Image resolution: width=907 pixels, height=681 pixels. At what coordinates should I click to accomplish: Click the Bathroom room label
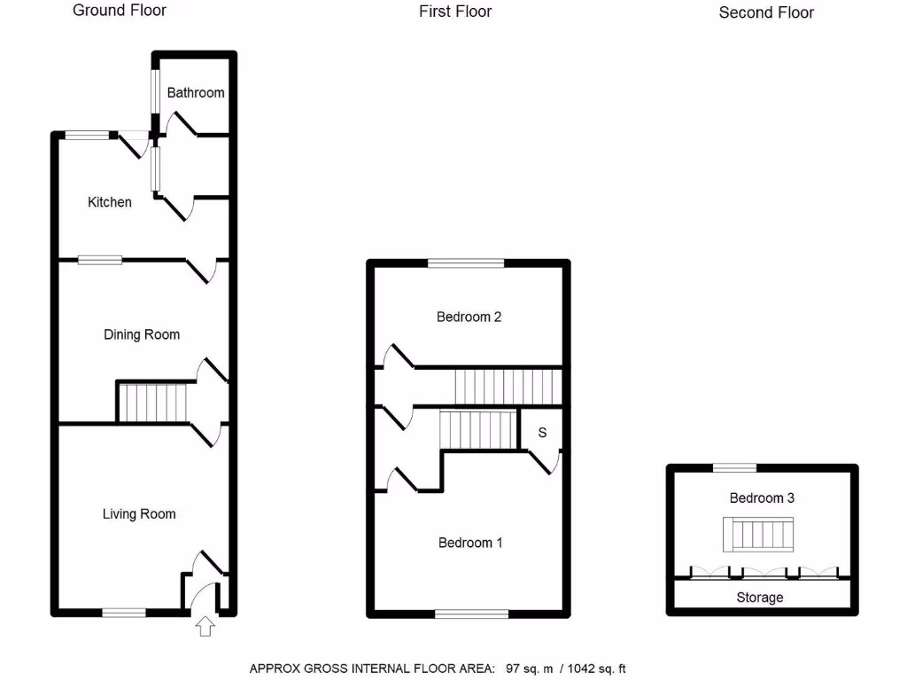pos(196,92)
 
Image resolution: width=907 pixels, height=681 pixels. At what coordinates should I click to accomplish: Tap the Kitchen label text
pos(109,202)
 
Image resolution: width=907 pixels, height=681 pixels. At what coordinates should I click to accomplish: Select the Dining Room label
pos(142,334)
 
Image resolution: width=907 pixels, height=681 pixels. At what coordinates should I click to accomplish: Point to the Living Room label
pos(139,513)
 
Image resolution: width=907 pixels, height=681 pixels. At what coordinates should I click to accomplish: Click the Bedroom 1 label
pos(470,542)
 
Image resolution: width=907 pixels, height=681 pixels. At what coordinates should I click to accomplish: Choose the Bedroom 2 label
pos(469,317)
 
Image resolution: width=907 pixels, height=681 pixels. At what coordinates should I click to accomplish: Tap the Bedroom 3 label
pos(762,497)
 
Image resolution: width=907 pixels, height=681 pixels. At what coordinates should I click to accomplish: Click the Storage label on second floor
pos(760,598)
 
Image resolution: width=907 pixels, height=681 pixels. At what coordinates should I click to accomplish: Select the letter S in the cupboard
pos(542,433)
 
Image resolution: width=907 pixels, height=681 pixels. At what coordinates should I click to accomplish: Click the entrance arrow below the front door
pos(205,627)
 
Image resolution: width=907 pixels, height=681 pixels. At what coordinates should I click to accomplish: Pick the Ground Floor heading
pos(120,11)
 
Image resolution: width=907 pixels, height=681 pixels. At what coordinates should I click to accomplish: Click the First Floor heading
pos(455,12)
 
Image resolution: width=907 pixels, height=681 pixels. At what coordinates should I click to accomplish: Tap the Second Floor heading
pos(766,12)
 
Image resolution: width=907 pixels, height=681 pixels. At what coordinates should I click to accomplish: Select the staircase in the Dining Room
pos(153,402)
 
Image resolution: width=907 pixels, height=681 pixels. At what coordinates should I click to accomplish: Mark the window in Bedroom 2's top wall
pos(466,262)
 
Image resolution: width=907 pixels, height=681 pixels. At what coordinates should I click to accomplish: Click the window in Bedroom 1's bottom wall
pos(471,613)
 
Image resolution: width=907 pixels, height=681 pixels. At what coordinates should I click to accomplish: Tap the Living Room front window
pos(124,612)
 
